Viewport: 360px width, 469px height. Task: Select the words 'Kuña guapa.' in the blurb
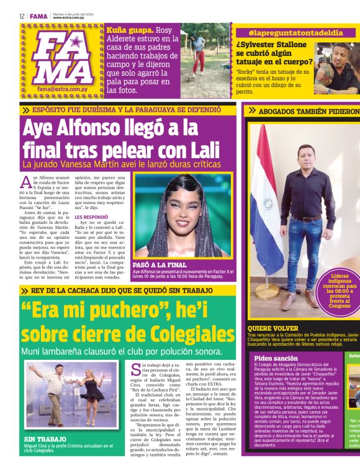pos(127,30)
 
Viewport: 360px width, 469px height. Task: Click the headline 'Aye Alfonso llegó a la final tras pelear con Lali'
pos(121,139)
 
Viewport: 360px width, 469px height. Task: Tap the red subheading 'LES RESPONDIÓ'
pos(91,218)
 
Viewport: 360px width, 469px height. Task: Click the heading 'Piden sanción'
pos(272,359)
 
